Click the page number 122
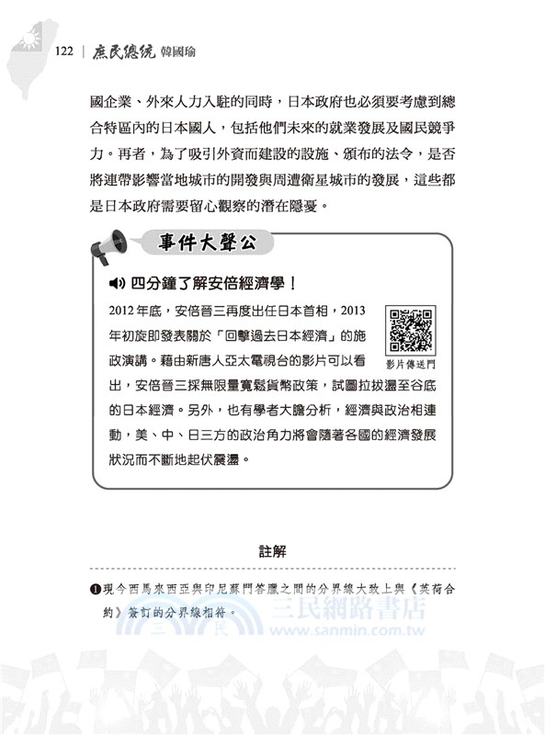63,51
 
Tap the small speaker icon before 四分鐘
117,283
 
